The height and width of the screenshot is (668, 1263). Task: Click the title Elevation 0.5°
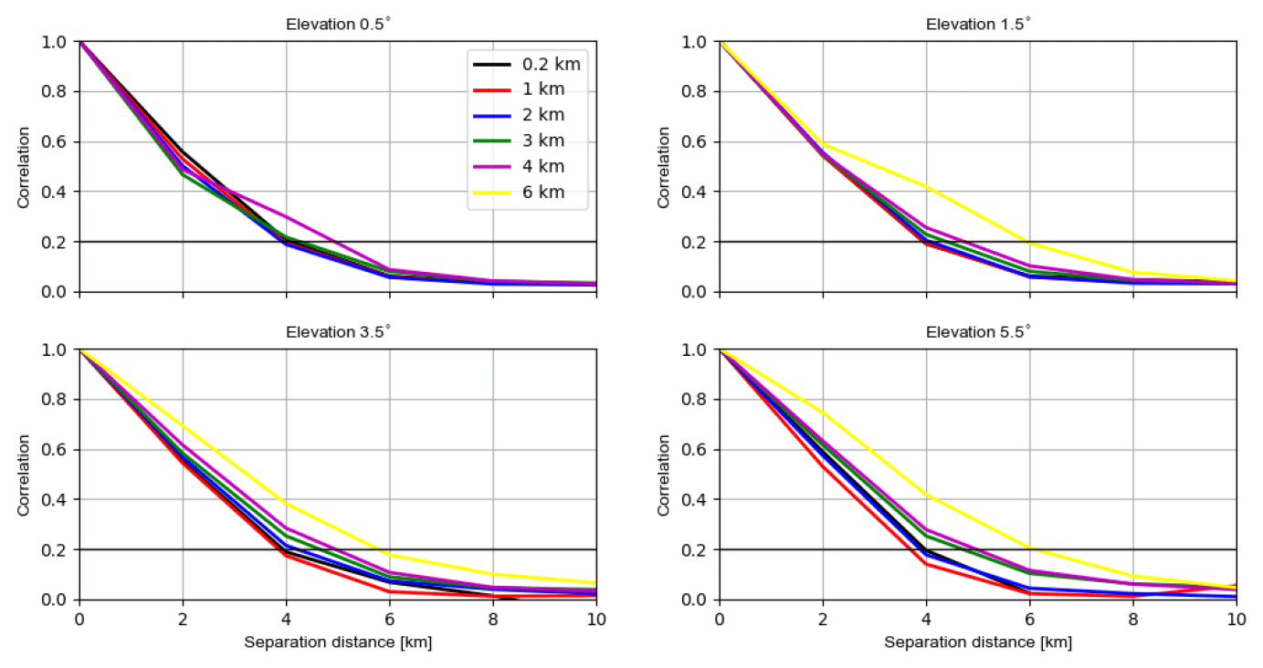tap(338, 25)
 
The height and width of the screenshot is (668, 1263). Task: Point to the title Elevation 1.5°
tap(978, 25)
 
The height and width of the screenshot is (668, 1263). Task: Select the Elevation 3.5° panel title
tap(338, 332)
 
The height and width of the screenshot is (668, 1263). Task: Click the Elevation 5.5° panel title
tap(978, 332)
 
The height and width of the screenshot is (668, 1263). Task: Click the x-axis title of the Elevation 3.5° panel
tap(338, 642)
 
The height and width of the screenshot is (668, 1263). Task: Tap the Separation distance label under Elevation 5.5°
tap(978, 642)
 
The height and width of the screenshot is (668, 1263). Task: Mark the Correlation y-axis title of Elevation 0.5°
tap(24, 167)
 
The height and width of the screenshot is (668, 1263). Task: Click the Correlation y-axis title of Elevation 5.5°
tap(664, 475)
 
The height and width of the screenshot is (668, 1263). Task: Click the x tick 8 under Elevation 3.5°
tap(493, 618)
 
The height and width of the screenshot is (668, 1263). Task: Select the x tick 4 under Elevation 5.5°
tap(926, 618)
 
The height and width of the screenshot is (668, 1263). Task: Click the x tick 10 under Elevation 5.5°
tap(1236, 618)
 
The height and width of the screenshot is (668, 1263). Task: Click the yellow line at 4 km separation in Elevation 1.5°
tap(926, 187)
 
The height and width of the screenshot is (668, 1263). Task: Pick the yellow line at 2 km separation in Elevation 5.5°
tap(823, 412)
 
